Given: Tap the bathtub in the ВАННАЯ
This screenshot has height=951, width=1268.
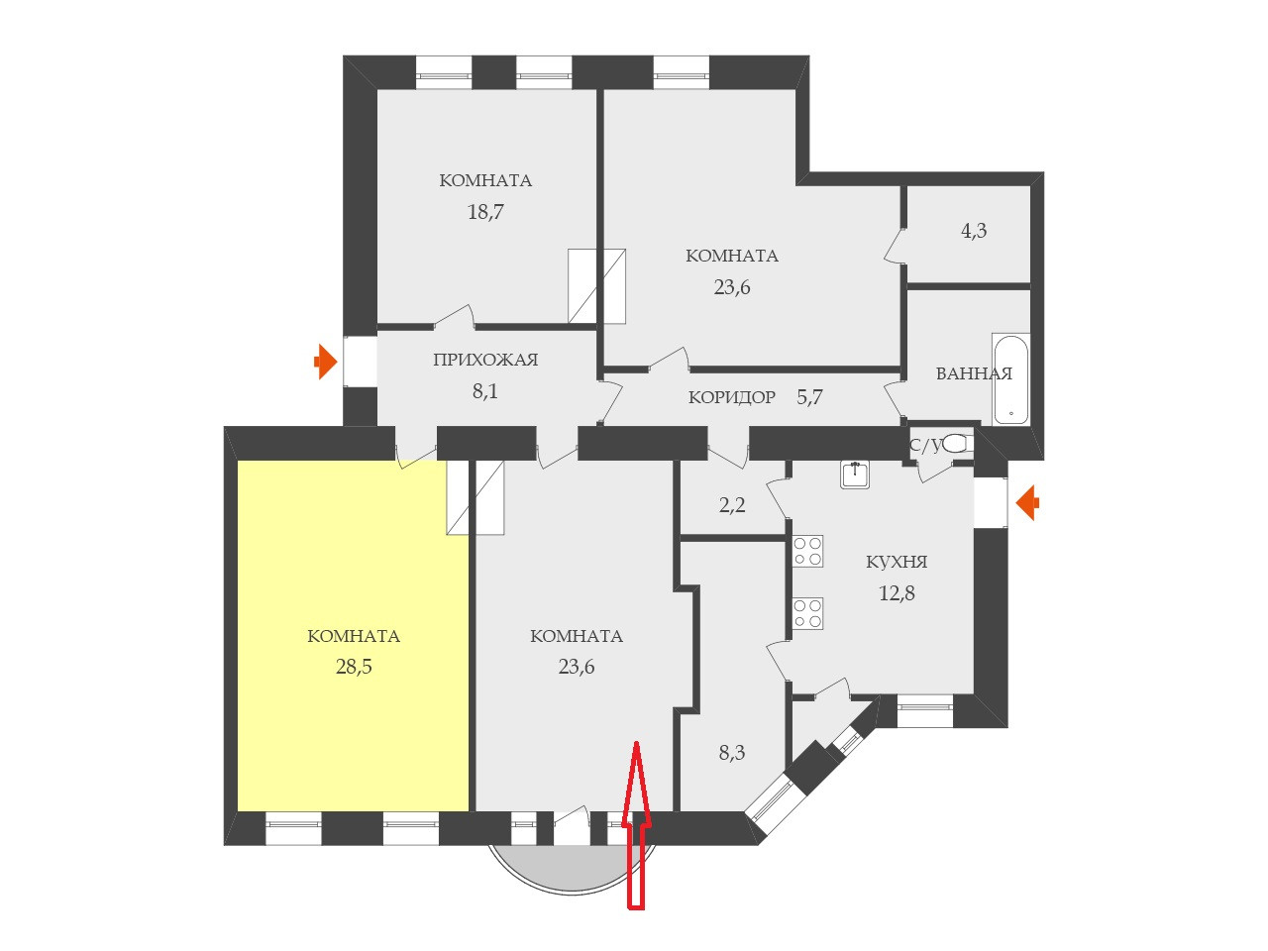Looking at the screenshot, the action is point(1010,380).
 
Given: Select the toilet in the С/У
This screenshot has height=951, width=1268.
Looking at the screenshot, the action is point(955,444).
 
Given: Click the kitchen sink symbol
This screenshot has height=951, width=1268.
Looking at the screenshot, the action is point(855,475).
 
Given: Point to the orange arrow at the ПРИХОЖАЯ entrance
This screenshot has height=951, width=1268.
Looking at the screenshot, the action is point(324,362).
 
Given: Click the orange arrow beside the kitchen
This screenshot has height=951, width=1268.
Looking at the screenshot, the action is point(1028,502).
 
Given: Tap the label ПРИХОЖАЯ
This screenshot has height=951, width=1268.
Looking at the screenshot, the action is point(485,360).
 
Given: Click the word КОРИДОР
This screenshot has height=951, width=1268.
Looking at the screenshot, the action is point(732,398).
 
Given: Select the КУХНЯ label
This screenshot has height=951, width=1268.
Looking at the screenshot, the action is point(897,562).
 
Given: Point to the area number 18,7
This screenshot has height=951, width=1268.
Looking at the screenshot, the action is point(485,211).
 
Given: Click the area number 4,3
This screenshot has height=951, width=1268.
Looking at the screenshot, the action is point(974,231).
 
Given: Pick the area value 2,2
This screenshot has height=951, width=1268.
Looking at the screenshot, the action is point(732,505).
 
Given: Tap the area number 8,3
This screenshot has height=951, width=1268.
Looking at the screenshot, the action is point(732,753).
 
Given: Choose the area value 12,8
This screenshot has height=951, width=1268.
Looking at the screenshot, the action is point(897,593).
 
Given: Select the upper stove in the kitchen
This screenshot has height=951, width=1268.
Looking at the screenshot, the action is point(808,552).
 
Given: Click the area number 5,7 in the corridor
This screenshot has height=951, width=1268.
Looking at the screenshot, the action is point(810,398).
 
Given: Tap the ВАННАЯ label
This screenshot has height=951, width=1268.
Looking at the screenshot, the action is point(974,373).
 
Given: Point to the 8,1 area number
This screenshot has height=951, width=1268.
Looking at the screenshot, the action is point(485,391).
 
